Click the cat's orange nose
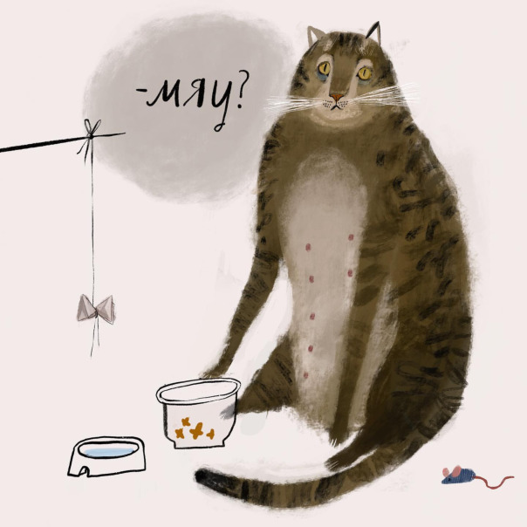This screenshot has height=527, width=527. point(337,98)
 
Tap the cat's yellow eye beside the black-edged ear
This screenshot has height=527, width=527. point(365,73)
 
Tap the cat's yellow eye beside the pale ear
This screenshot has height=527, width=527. point(325,68)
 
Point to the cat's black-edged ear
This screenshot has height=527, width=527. point(374,32)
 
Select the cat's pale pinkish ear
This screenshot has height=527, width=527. point(315,36)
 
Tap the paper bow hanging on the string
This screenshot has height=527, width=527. point(96,309)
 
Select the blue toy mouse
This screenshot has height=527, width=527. point(458,476)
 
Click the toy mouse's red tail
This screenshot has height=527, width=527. point(494,480)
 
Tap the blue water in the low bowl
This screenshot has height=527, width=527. point(110,451)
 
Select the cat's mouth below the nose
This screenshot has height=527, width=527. point(335,106)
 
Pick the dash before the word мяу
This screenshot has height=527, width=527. point(140,90)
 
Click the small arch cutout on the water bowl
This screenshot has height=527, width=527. point(84,471)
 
